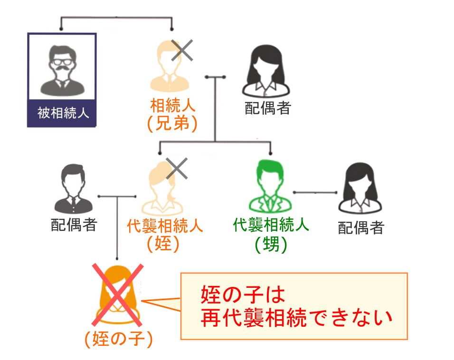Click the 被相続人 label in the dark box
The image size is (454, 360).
[x=62, y=114]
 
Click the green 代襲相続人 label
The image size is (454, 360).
[x=271, y=225]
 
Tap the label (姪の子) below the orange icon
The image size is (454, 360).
[x=118, y=339]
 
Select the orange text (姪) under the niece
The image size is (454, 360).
[x=162, y=244]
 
